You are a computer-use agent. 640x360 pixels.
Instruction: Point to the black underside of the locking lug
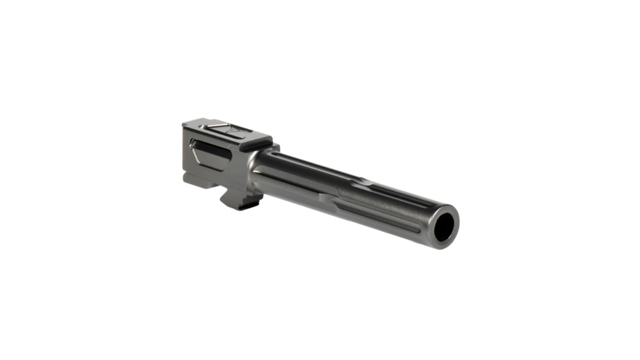point(240,206)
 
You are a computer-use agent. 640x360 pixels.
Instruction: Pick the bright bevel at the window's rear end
point(194,143)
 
